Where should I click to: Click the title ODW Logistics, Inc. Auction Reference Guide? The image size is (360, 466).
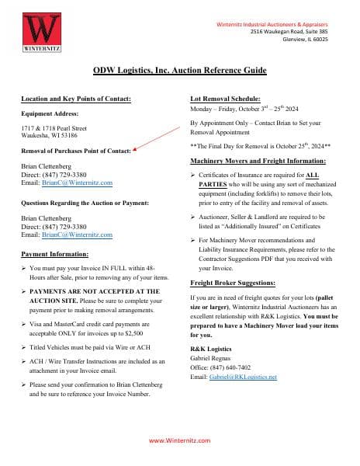(179, 70)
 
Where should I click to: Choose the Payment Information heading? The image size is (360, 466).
(54, 254)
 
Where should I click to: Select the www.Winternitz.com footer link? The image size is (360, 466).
(179, 440)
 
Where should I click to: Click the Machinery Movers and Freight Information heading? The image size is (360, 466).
(258, 160)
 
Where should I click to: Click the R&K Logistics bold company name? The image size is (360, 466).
(209, 349)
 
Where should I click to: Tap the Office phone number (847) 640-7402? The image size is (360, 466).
(232, 367)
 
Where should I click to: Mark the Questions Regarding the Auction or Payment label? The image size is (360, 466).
(80, 204)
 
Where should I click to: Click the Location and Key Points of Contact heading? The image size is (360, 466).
(75, 99)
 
